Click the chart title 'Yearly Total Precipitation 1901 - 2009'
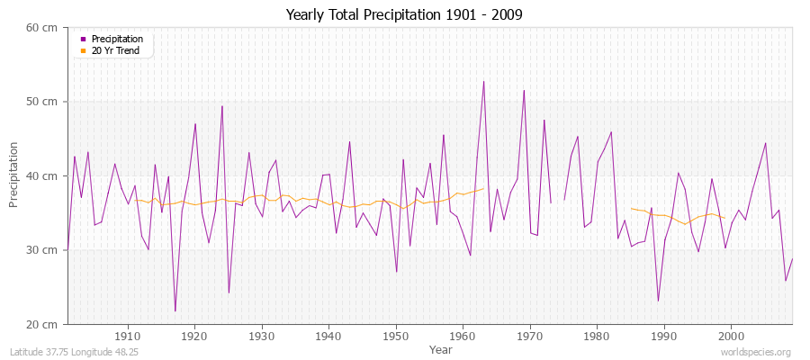click(404, 15)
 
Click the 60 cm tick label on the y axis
click(42, 28)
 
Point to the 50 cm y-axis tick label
click(42, 102)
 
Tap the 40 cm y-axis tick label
click(42, 176)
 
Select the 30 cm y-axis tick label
click(42, 250)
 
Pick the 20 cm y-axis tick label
click(42, 324)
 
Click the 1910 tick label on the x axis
click(128, 336)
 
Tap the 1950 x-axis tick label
click(396, 336)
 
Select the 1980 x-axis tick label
click(597, 336)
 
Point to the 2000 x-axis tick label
click(731, 336)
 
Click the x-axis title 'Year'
click(441, 348)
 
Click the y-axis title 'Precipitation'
click(13, 175)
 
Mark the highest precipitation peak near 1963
click(483, 82)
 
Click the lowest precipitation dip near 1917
click(175, 311)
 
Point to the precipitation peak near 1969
click(524, 90)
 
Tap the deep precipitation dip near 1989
click(658, 301)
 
